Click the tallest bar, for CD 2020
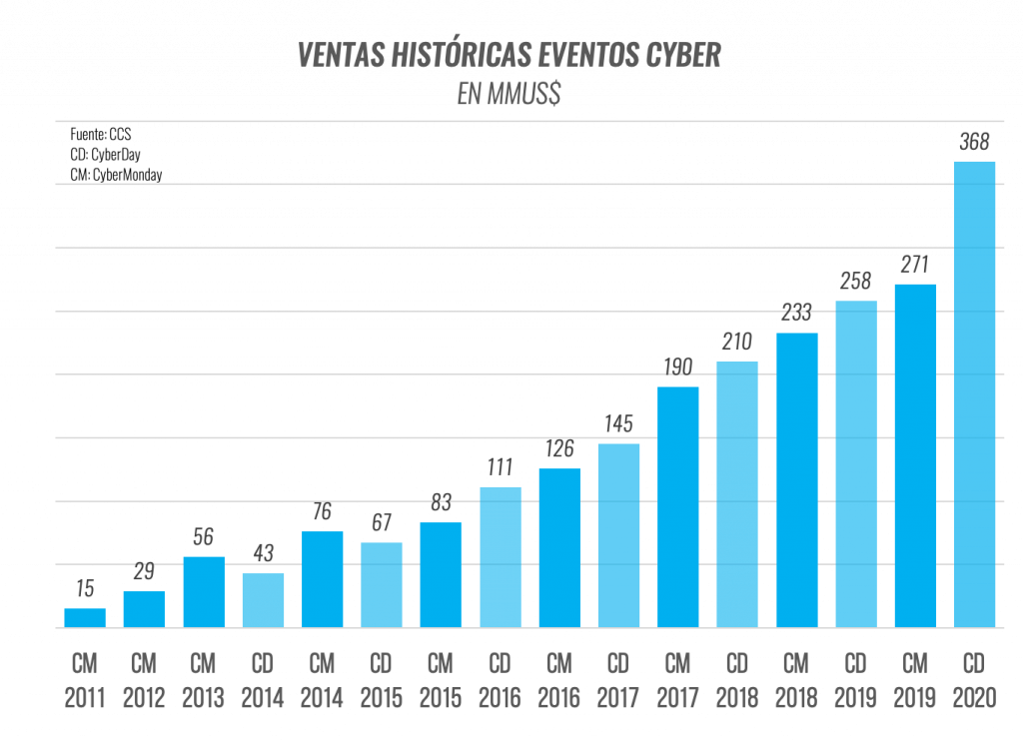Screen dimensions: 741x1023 pyautogui.click(x=974, y=393)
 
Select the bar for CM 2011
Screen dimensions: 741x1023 pyautogui.click(x=85, y=617)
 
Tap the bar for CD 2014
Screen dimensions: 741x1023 pyautogui.click(x=263, y=599)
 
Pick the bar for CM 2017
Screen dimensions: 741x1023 pyautogui.click(x=678, y=506)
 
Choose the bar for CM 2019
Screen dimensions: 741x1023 pyautogui.click(x=915, y=455)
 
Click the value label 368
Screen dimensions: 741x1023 pyautogui.click(x=974, y=142)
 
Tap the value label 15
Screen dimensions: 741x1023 pyautogui.click(x=85, y=589)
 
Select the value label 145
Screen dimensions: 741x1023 pyautogui.click(x=618, y=424)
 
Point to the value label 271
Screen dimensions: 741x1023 pyautogui.click(x=915, y=265)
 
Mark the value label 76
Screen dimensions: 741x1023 pyautogui.click(x=323, y=512)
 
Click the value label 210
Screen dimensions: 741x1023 pyautogui.click(x=737, y=343)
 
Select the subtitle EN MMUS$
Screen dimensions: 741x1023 pyautogui.click(x=509, y=94)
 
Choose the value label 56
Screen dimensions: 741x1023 pyautogui.click(x=203, y=537)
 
